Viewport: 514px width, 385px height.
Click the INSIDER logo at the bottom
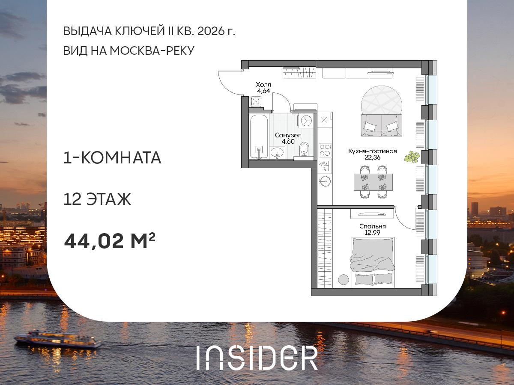(x=257, y=358)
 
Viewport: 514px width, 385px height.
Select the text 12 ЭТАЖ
(x=97, y=199)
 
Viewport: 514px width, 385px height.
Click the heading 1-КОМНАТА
(x=112, y=158)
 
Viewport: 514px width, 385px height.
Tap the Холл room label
(x=264, y=84)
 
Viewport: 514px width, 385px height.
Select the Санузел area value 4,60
(x=288, y=141)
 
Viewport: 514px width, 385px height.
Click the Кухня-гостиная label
(x=372, y=151)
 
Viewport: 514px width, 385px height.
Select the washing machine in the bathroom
(x=306, y=121)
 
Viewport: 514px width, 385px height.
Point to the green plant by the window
(x=412, y=157)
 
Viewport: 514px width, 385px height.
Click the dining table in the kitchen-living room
(x=373, y=182)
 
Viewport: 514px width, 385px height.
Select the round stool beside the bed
(x=344, y=279)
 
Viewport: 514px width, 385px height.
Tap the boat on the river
(x=57, y=339)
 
